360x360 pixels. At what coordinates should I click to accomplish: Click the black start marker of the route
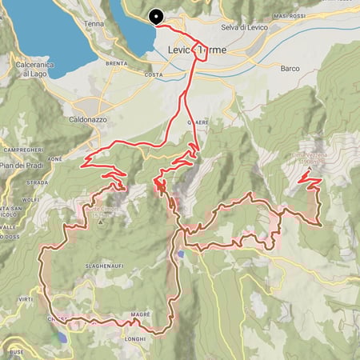point(155,15)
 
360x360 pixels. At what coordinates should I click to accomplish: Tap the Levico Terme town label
point(197,50)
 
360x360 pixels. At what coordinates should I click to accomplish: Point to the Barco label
point(290,69)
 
